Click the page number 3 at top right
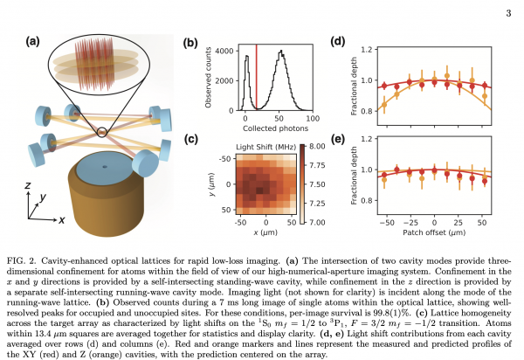tap(507, 13)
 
